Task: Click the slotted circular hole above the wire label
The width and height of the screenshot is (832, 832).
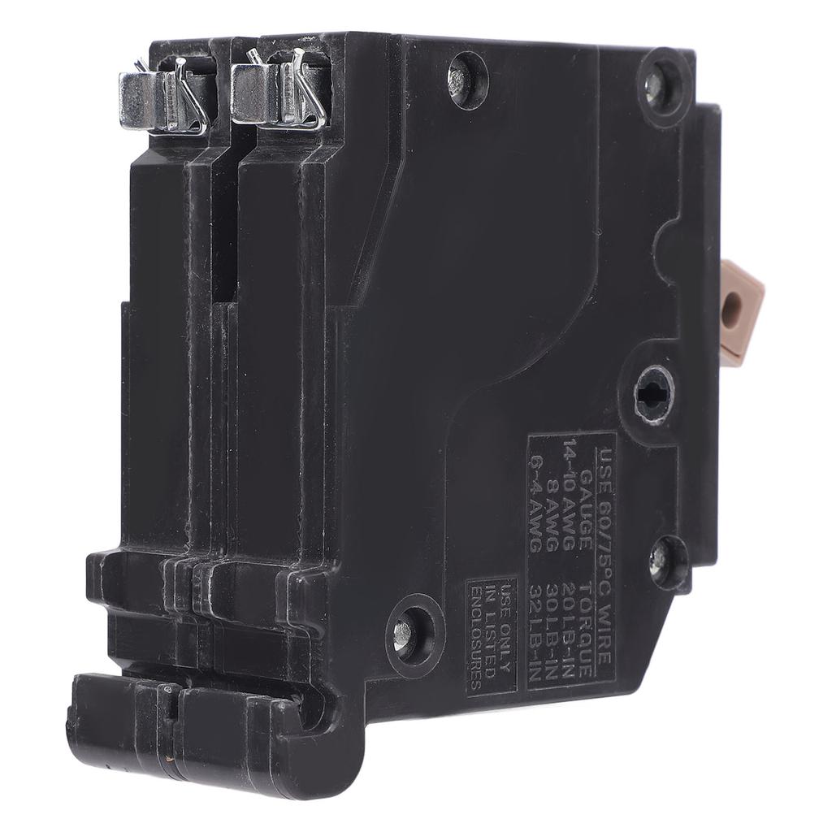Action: (x=654, y=392)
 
